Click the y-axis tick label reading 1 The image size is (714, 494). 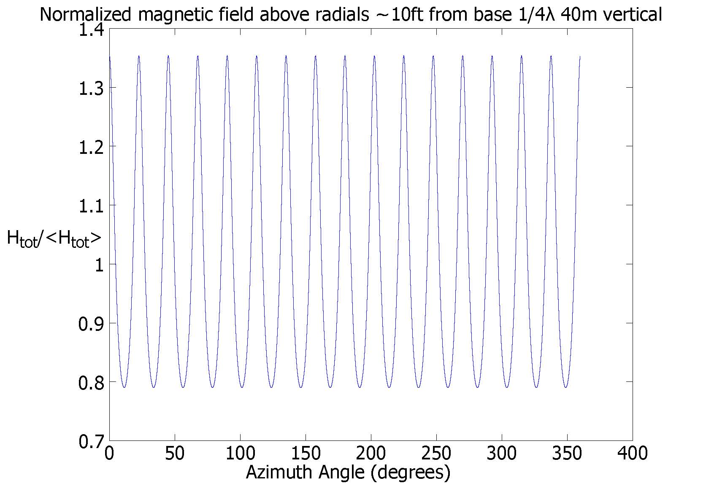pos(99,265)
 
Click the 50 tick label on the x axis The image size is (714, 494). pos(175,454)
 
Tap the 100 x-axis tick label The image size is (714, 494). pos(240,454)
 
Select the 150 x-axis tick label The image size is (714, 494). pos(306,454)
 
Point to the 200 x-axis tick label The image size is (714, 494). pos(371,454)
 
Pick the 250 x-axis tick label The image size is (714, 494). pos(436,454)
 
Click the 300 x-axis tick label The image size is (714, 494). pos(502,454)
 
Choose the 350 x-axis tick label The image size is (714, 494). pos(567,454)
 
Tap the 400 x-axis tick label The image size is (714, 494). pos(632,454)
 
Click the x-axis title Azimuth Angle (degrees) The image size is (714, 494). pos(348,472)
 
